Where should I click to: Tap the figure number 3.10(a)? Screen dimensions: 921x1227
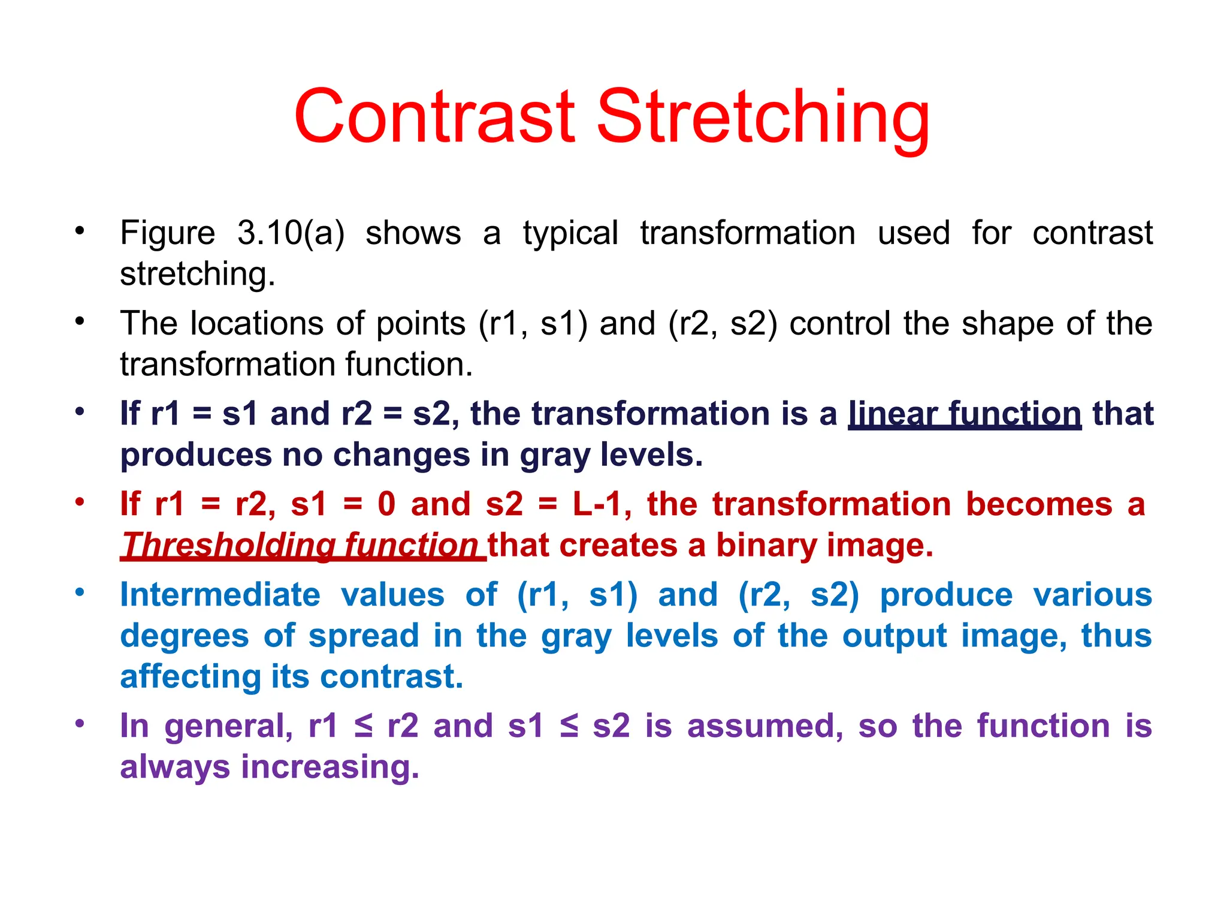pos(291,233)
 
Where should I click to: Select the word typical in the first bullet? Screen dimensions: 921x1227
pos(570,234)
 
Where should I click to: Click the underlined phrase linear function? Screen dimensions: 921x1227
pos(965,414)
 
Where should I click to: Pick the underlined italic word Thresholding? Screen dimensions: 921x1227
pos(228,546)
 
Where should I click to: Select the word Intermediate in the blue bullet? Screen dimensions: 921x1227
pos(220,595)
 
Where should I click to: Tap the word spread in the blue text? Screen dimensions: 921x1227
pos(364,636)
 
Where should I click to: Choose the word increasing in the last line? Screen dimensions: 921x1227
pos(330,767)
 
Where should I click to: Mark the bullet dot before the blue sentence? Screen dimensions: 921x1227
pos(80,592)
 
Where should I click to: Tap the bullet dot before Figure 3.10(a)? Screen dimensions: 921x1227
pos(80,230)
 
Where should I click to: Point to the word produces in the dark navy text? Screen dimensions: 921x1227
pos(196,455)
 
